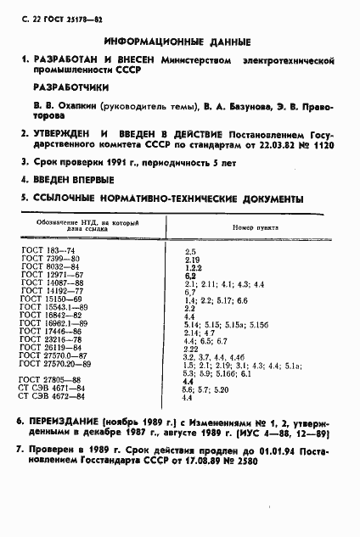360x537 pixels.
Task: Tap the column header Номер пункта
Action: tap(255, 227)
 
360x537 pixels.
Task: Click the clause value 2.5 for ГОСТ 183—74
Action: tap(190, 252)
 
